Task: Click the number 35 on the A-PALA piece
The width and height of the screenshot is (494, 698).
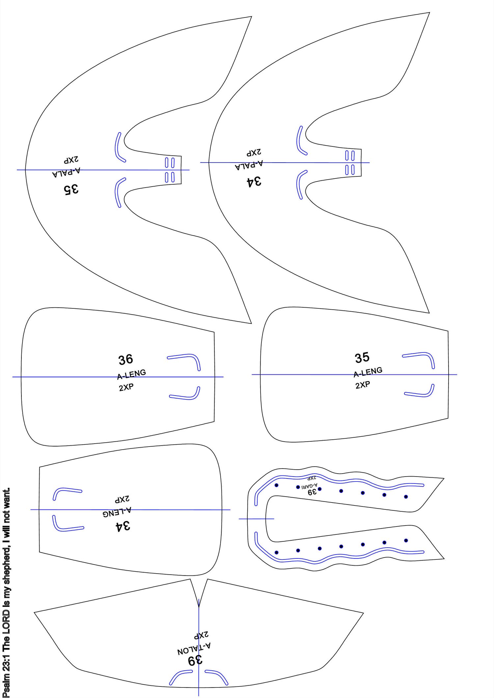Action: (x=71, y=189)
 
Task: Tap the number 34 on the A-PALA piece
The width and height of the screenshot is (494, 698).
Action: (x=254, y=181)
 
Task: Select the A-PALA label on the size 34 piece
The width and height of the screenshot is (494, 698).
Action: (x=249, y=165)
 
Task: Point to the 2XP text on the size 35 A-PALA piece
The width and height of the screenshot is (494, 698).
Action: (x=71, y=160)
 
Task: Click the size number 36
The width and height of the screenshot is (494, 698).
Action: (x=125, y=359)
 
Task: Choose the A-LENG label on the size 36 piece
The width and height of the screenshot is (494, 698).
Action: (x=131, y=374)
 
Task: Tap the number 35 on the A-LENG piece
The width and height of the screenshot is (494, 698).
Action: (x=362, y=358)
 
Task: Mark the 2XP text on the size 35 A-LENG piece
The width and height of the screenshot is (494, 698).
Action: (x=363, y=385)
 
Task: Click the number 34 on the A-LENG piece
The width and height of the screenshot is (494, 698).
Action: (x=123, y=526)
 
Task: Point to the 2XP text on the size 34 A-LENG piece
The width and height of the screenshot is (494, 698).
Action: (x=122, y=499)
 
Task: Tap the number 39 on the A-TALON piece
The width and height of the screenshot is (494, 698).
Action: (x=195, y=660)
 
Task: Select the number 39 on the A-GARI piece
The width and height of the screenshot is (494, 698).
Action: (x=312, y=492)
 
